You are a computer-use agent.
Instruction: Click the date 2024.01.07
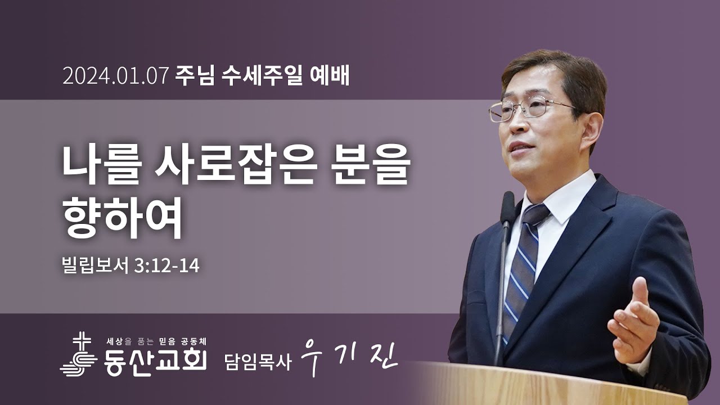116,76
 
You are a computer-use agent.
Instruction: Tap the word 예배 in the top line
330,76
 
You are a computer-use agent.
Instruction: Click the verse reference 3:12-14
167,264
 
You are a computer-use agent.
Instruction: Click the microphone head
508,206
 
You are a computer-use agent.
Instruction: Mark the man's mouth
521,147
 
